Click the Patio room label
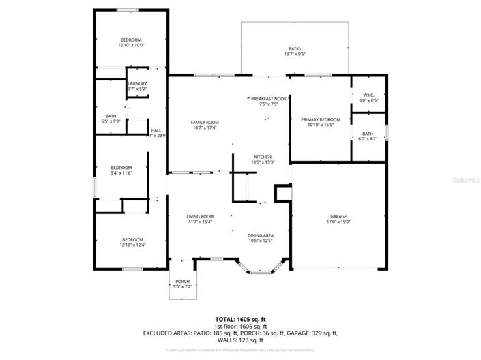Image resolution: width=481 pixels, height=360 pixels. (x=294, y=49)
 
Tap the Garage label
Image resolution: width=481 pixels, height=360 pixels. (x=337, y=217)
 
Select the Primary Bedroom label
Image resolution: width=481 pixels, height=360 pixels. (x=320, y=119)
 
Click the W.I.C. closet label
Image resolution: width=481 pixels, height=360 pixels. (x=368, y=95)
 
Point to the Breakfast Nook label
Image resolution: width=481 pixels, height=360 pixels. (x=267, y=99)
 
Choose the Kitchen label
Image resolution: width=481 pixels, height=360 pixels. (x=263, y=156)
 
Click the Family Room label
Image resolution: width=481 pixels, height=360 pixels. (x=205, y=122)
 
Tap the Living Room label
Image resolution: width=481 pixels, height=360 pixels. (x=201, y=217)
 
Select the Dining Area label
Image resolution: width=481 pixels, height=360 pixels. (x=260, y=235)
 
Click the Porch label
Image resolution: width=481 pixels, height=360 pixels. (x=182, y=281)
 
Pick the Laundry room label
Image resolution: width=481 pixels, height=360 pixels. (x=136, y=84)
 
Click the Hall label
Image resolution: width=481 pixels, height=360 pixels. (x=156, y=130)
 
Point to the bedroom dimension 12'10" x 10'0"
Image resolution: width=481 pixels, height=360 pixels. (x=132, y=45)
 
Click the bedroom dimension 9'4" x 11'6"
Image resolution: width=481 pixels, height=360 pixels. (x=121, y=172)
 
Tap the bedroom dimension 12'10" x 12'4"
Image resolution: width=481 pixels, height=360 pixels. (x=132, y=245)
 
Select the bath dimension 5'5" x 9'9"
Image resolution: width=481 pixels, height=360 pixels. (x=111, y=121)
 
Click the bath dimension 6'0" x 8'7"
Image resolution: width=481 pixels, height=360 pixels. (x=368, y=138)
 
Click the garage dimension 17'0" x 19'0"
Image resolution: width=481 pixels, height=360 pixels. (x=337, y=222)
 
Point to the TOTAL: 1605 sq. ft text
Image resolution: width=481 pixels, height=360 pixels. (x=240, y=319)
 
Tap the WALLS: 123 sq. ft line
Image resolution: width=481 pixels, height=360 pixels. (x=240, y=340)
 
